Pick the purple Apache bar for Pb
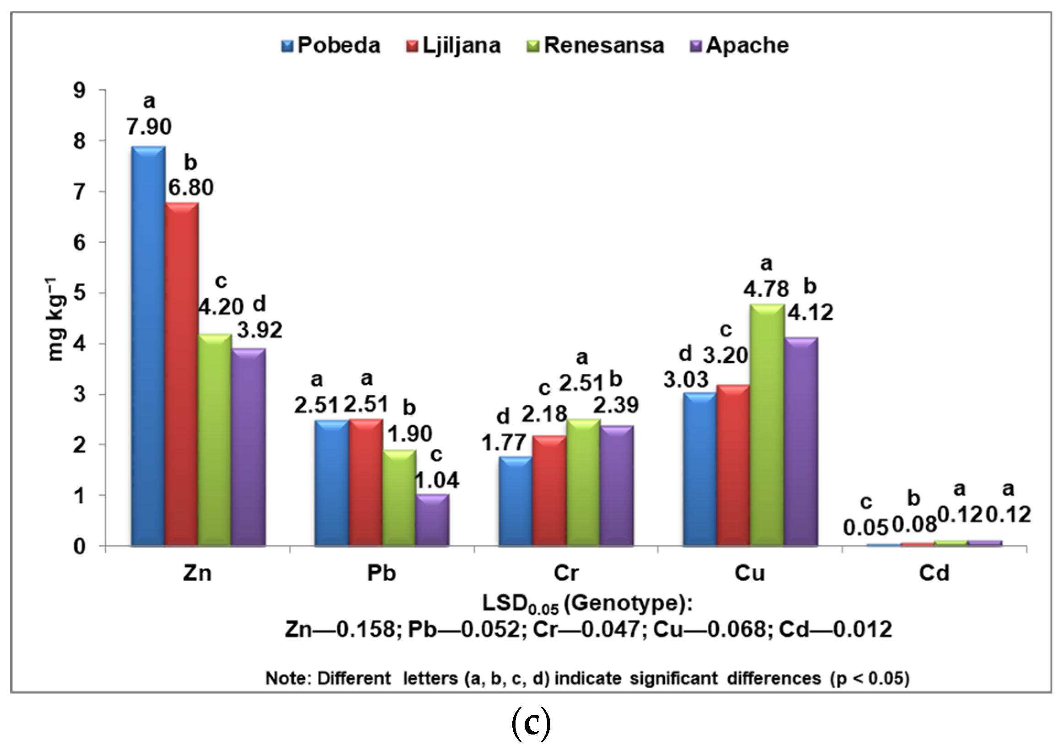click(x=432, y=520)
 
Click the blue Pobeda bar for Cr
click(x=516, y=501)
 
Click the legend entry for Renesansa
click(x=596, y=45)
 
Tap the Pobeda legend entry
click(x=331, y=45)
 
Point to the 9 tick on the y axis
click(x=80, y=90)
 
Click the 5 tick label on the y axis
click(x=80, y=293)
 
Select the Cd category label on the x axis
click(x=934, y=573)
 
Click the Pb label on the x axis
click(x=381, y=573)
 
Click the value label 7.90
click(x=149, y=126)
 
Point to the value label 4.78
click(x=766, y=289)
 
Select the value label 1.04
click(x=436, y=480)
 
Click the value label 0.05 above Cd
click(x=866, y=528)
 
